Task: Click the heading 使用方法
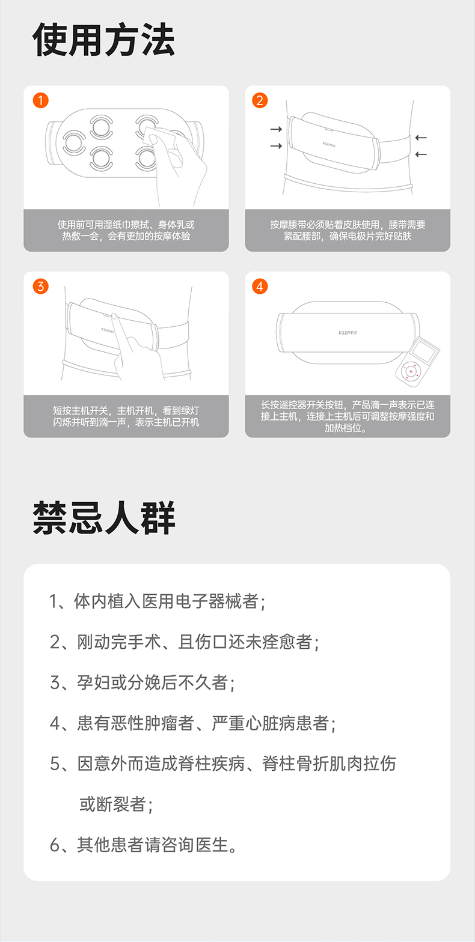pyautogui.click(x=103, y=40)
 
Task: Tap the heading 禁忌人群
pyautogui.click(x=103, y=518)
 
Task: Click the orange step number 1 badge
pyautogui.click(x=41, y=100)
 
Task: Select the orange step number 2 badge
pyautogui.click(x=260, y=100)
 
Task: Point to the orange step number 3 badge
pyautogui.click(x=41, y=287)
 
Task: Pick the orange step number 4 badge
pyautogui.click(x=260, y=287)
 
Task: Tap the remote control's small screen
pyautogui.click(x=424, y=351)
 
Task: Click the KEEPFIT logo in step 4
pyautogui.click(x=348, y=333)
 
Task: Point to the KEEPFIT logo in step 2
pyautogui.click(x=329, y=145)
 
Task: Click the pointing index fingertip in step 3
pyautogui.click(x=114, y=316)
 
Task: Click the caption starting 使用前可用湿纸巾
pyautogui.click(x=126, y=231)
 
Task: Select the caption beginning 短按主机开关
pyautogui.click(x=126, y=416)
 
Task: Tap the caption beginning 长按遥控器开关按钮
pyautogui.click(x=348, y=416)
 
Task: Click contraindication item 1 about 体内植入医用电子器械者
pyautogui.click(x=158, y=601)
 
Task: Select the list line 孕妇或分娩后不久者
pyautogui.click(x=142, y=682)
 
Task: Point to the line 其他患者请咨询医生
pyautogui.click(x=143, y=845)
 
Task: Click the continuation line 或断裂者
pyautogui.click(x=116, y=804)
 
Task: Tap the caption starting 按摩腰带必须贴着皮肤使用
pyautogui.click(x=348, y=231)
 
